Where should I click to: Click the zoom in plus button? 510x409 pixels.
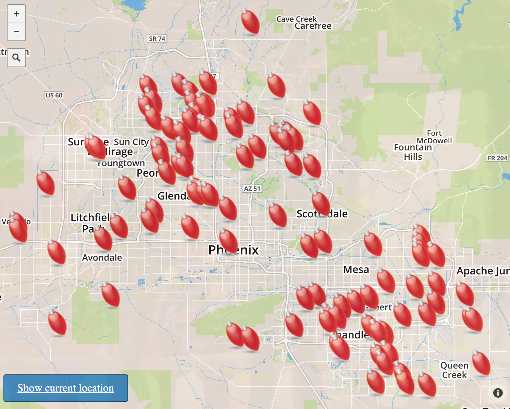click(16, 14)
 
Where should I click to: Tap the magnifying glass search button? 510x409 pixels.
click(16, 58)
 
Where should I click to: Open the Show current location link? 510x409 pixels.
click(66, 388)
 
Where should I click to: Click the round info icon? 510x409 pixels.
click(498, 393)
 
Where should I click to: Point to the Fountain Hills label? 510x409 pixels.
click(413, 152)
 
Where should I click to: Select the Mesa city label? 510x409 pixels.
click(356, 269)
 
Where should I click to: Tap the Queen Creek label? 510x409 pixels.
click(454, 370)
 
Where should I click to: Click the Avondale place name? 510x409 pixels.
click(102, 257)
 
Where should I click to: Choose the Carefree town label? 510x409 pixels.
click(313, 26)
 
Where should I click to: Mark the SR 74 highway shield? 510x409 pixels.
click(157, 39)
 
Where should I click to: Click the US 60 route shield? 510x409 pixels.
click(54, 95)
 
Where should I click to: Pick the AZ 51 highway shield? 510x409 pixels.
click(252, 189)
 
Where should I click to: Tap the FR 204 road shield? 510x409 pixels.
click(497, 158)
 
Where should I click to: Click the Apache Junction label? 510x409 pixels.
click(483, 271)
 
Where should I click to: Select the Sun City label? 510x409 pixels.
click(131, 142)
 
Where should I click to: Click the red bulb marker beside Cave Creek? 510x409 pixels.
click(250, 22)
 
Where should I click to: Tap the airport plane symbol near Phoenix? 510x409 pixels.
click(270, 257)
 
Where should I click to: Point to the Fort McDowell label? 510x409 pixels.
click(434, 137)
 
